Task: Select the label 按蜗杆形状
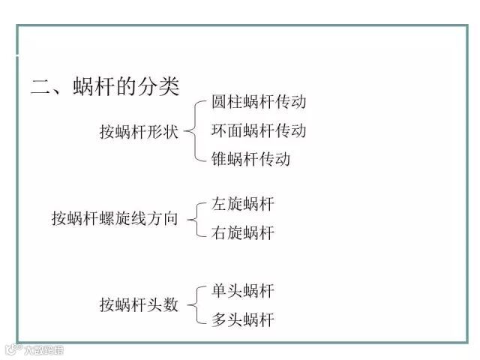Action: coord(139,131)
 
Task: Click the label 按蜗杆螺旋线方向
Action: coord(115,218)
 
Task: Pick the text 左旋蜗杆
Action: coord(243,204)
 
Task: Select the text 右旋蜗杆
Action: coord(243,232)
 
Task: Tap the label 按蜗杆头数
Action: coord(139,305)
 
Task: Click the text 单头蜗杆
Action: coord(243,291)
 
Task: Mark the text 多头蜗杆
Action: coord(243,320)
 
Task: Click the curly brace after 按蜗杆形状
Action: coord(194,130)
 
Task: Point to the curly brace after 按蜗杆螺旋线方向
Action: coord(194,218)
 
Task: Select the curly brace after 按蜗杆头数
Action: coord(194,305)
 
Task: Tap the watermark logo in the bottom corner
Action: coord(34,349)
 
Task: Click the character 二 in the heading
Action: coord(39,86)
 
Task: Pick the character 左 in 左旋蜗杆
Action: coord(219,204)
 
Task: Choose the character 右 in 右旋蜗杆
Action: coord(219,232)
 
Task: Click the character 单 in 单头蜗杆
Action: coord(219,291)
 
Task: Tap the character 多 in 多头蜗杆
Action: coord(219,320)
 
